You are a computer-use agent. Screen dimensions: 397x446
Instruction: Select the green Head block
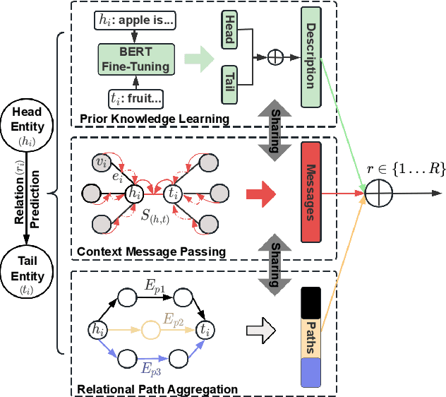click(x=229, y=30)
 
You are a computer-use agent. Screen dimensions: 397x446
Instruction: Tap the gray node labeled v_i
click(x=102, y=163)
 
